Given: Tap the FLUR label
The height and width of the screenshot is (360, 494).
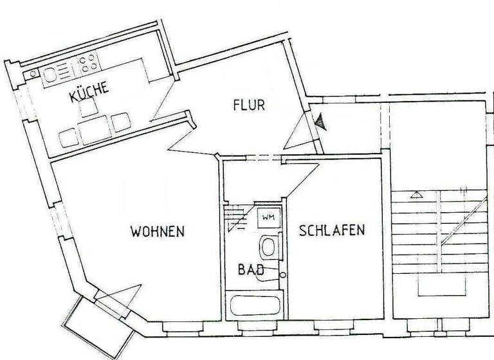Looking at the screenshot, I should tap(249, 105).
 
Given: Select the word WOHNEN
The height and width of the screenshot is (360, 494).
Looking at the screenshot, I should tap(158, 231).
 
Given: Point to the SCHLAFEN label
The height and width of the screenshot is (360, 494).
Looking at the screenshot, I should tap(332, 230).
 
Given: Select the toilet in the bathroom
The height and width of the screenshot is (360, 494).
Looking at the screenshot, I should tap(268, 246).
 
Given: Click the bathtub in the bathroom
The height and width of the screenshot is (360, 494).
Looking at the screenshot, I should tap(255, 305).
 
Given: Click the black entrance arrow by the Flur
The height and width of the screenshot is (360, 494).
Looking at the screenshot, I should tap(320, 121).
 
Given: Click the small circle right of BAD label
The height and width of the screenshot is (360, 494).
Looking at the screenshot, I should tap(282, 275).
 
